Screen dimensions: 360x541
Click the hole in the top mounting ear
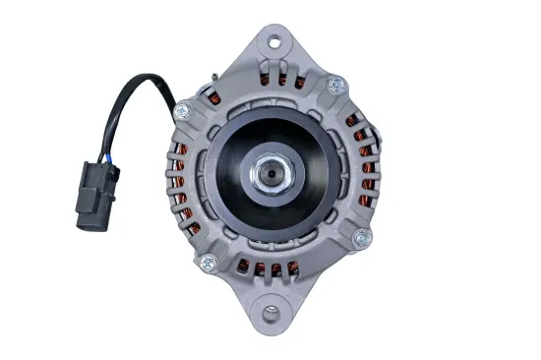point(273,42)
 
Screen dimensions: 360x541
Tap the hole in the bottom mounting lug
point(272,314)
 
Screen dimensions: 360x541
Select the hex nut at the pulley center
point(270,175)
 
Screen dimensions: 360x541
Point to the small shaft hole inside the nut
point(270,176)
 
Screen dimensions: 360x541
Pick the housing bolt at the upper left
point(183,111)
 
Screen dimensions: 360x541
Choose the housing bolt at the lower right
point(363,237)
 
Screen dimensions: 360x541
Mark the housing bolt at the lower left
point(209,263)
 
